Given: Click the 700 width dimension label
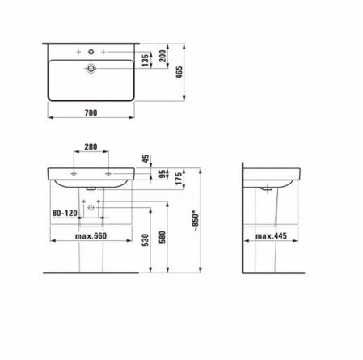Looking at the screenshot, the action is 91,112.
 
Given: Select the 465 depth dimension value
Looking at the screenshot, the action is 179,72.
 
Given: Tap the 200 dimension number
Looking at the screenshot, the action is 163,56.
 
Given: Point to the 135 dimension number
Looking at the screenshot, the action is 146,61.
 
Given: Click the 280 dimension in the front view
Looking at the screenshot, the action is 91,147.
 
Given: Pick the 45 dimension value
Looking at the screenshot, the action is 146,159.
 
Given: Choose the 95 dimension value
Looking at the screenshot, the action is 163,174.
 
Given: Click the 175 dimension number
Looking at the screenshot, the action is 179,179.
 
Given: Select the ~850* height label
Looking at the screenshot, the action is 196,222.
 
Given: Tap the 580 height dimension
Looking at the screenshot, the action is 163,237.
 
